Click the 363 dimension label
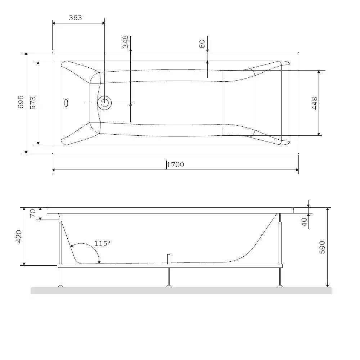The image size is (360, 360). [x=75, y=18]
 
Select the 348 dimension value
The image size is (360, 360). [x=125, y=41]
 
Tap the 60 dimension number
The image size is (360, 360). [x=202, y=44]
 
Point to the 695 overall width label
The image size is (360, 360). [x=21, y=102]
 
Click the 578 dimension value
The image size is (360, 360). [x=33, y=103]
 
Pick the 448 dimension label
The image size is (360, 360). [x=315, y=103]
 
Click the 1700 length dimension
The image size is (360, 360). [x=175, y=165]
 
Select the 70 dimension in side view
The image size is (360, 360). [x=33, y=213]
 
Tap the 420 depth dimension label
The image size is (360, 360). [x=19, y=236]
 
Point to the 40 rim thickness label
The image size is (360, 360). [x=304, y=222]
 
